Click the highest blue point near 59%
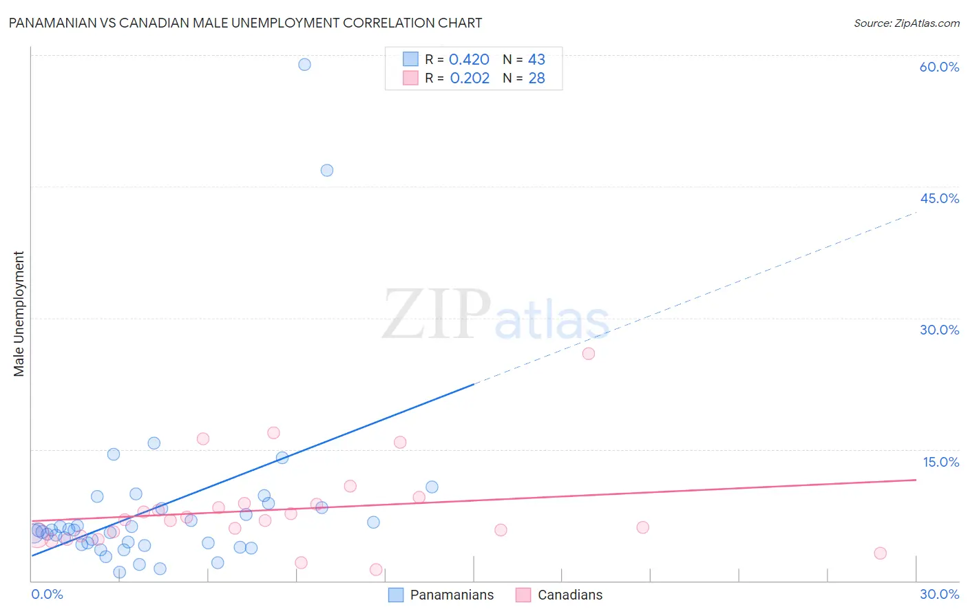(304, 65)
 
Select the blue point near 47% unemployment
(327, 171)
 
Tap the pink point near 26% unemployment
(589, 354)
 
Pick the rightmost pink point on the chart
(880, 553)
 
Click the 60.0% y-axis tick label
(939, 67)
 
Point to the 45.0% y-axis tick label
(939, 198)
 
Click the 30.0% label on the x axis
(939, 594)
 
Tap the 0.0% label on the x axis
(48, 594)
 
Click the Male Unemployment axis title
(19, 314)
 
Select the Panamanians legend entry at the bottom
(441, 595)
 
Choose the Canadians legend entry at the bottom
(559, 595)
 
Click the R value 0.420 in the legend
(469, 60)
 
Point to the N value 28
(536, 78)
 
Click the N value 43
(536, 60)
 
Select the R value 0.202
(470, 78)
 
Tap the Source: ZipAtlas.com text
(906, 23)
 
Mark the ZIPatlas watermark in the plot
(496, 315)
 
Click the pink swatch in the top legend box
(410, 78)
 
